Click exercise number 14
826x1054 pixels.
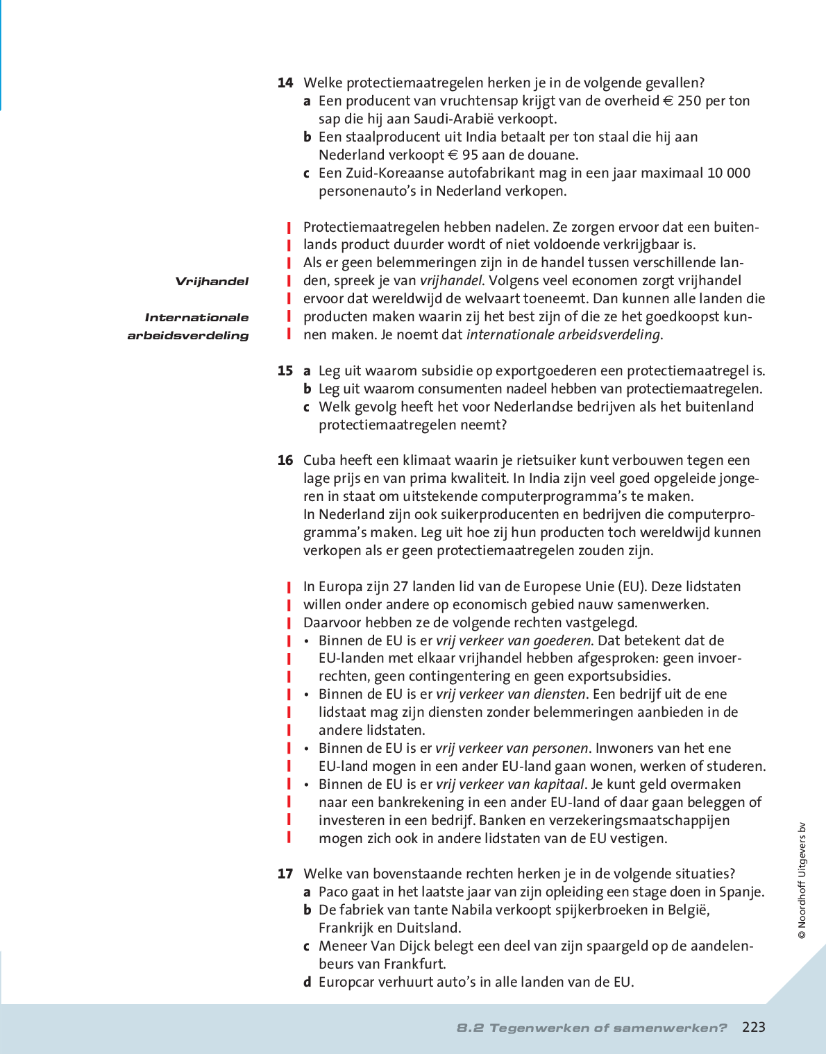pos(285,83)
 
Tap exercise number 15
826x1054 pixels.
pos(285,371)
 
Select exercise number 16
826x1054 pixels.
pos(285,461)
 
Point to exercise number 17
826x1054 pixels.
pos(285,874)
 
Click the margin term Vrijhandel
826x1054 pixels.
pos(212,282)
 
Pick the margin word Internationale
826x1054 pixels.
pos(196,318)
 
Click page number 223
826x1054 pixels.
pos(753,1028)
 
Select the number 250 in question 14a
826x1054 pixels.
pos(689,101)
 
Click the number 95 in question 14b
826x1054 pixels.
pos(470,155)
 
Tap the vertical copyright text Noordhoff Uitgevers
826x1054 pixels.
pos(802,881)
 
